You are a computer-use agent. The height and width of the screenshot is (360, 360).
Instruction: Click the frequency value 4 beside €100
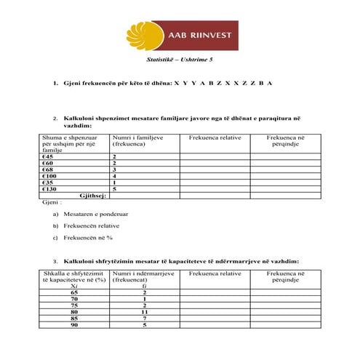[x=115, y=176]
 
